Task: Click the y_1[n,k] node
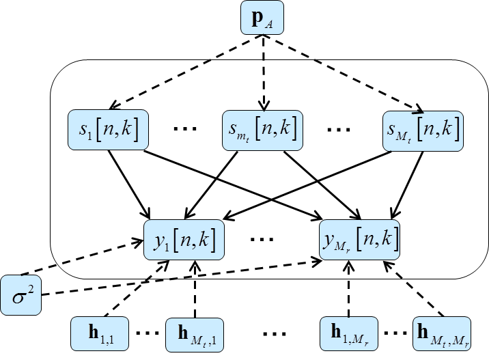tap(184, 238)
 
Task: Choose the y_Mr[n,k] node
tap(360, 238)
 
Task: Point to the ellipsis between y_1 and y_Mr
tap(263, 240)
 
